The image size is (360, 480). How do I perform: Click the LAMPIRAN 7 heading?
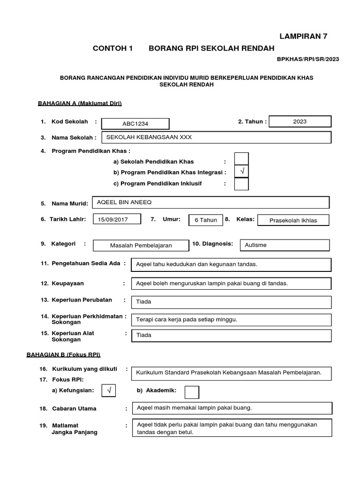pyautogui.click(x=310, y=36)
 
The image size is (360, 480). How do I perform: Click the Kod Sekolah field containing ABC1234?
pyautogui.click(x=136, y=124)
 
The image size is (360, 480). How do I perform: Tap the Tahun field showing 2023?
pyautogui.click(x=300, y=121)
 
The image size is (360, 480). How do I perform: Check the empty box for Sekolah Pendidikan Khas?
pyautogui.click(x=241, y=159)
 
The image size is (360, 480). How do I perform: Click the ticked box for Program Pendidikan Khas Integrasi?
pyautogui.click(x=241, y=172)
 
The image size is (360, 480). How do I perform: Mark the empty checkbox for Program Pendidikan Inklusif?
pyautogui.click(x=241, y=184)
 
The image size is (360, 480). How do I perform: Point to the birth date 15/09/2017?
pyautogui.click(x=117, y=219)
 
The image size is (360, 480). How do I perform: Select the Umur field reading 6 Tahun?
pyautogui.click(x=206, y=220)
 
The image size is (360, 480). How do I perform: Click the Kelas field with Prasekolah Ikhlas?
pyautogui.click(x=293, y=220)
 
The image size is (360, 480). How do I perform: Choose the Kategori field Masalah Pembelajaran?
pyautogui.click(x=141, y=245)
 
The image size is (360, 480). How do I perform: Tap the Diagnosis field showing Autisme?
pyautogui.click(x=285, y=245)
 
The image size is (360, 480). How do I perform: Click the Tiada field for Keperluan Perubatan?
pyautogui.click(x=231, y=302)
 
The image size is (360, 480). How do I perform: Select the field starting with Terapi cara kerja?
pyautogui.click(x=231, y=320)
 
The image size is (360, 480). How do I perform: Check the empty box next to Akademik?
pyautogui.click(x=192, y=392)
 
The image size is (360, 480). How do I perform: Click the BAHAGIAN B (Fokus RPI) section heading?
pyautogui.click(x=63, y=354)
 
